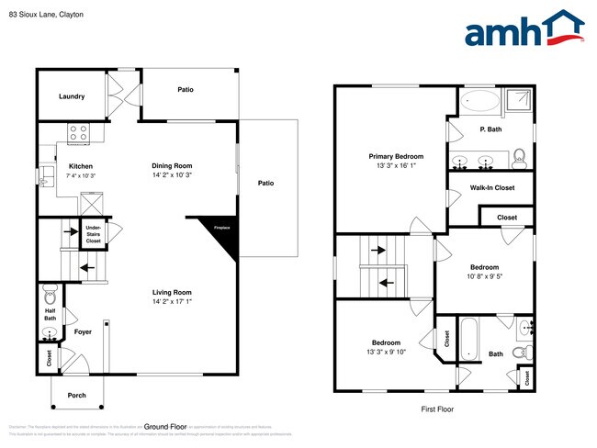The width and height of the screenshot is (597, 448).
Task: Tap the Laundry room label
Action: (x=72, y=96)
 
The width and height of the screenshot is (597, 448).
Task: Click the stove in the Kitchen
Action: (x=78, y=130)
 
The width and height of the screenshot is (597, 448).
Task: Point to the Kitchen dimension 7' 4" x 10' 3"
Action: (x=81, y=175)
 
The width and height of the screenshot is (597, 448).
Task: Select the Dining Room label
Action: (x=172, y=165)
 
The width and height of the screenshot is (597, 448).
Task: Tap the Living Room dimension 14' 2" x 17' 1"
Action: (x=172, y=301)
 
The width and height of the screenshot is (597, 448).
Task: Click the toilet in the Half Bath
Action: (x=50, y=297)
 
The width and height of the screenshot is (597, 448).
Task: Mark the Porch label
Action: (x=76, y=397)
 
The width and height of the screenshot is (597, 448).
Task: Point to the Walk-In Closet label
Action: (x=492, y=188)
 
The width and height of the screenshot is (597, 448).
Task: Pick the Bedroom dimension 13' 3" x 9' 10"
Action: (x=386, y=352)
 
